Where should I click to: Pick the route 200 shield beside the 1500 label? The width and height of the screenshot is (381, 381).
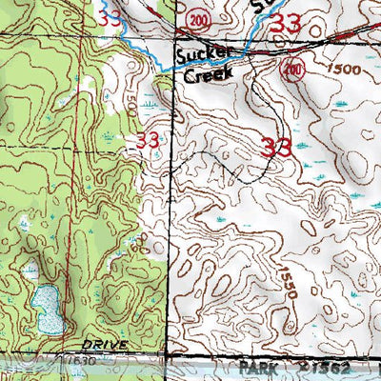click(292, 69)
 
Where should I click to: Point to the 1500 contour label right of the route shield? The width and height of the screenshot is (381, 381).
click(341, 70)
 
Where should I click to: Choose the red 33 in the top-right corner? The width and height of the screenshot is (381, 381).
click(285, 27)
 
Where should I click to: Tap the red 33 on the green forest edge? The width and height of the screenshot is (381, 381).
click(147, 140)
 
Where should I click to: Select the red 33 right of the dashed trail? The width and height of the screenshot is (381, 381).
click(275, 147)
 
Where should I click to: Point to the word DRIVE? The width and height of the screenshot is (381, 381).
click(106, 340)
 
